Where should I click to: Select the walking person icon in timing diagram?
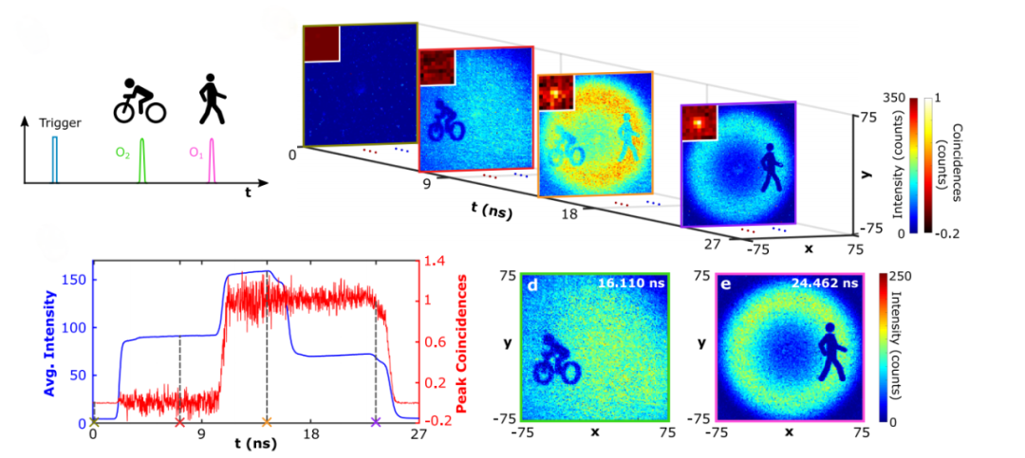click(x=212, y=100)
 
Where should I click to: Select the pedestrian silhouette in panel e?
click(x=832, y=352)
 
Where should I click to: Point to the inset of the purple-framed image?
click(x=699, y=120)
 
